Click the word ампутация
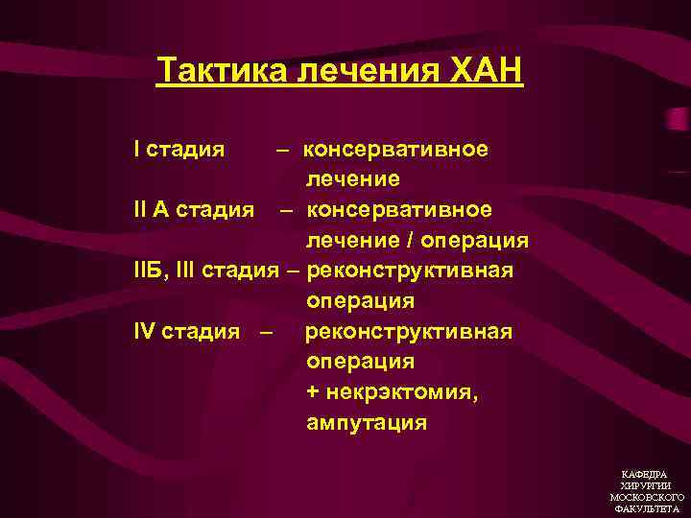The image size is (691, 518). (x=367, y=423)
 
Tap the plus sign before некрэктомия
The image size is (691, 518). (x=314, y=392)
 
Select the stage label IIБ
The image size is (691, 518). (x=150, y=271)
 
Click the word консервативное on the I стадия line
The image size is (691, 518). (x=395, y=150)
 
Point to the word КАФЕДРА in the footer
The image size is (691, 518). (x=645, y=475)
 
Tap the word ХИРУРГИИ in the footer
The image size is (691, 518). (x=645, y=486)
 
